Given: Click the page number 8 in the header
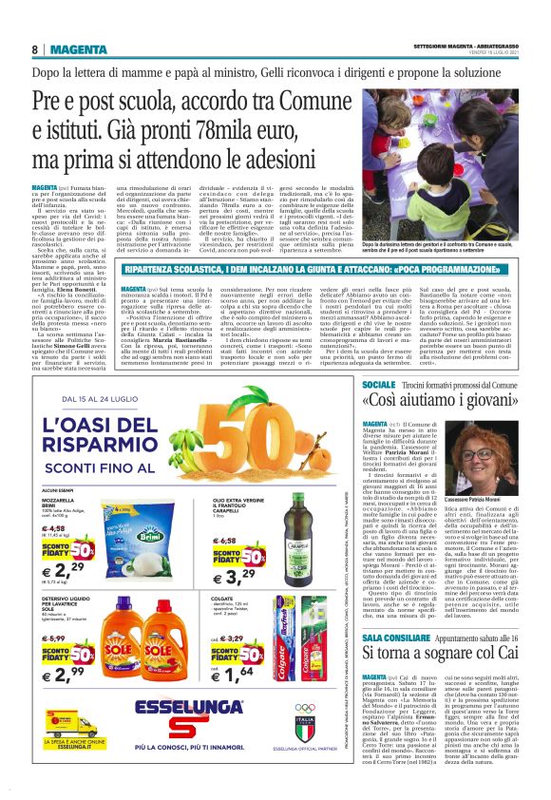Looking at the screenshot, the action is (x=35, y=49).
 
